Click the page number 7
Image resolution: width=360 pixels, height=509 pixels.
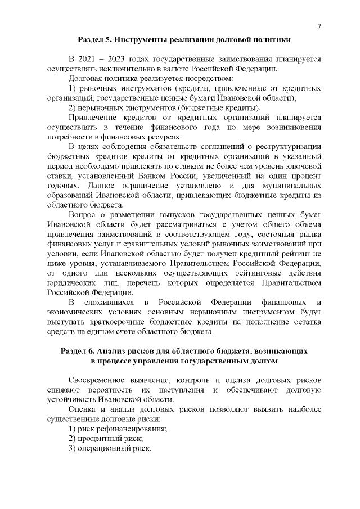[319, 26]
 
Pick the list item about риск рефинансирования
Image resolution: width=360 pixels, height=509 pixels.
[118, 429]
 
